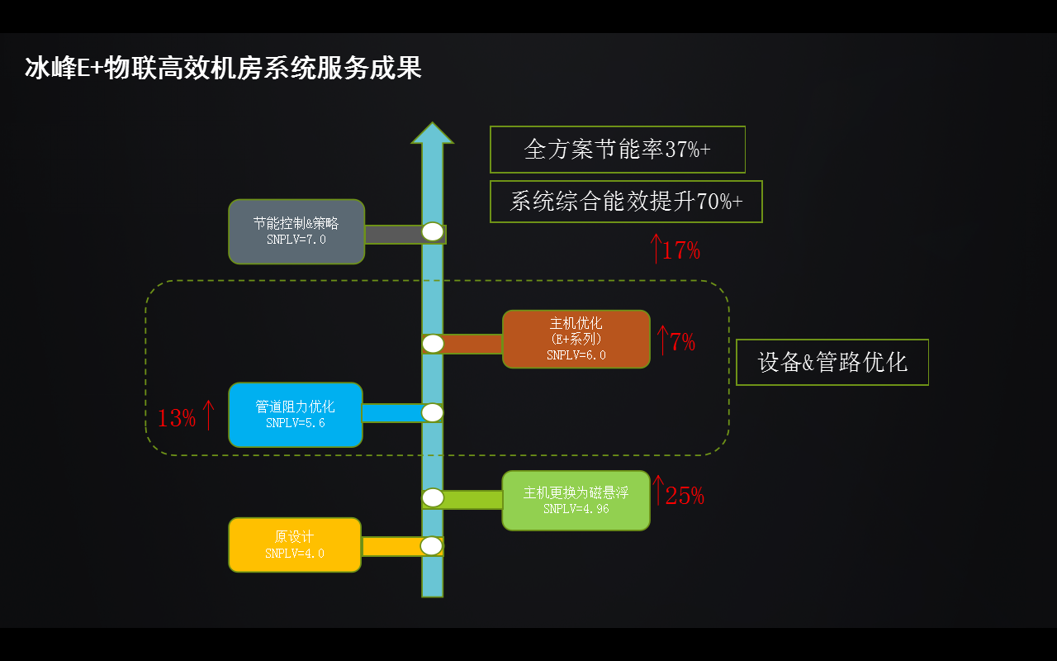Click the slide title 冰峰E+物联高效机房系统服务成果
click(223, 68)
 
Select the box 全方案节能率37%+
click(617, 150)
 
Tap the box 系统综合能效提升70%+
click(625, 202)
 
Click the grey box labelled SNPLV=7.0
click(296, 231)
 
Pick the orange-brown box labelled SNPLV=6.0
click(576, 339)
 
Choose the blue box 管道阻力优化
click(295, 415)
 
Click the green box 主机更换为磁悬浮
click(576, 500)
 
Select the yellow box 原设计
click(294, 544)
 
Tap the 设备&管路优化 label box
click(832, 362)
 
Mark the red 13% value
click(176, 418)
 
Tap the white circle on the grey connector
click(433, 231)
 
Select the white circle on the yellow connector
click(432, 545)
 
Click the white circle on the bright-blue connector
click(433, 412)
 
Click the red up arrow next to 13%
click(208, 415)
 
